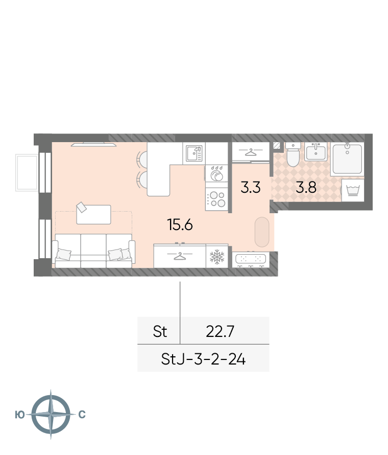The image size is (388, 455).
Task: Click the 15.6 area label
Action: tap(180, 224)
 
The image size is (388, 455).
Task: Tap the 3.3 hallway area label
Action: tap(251, 187)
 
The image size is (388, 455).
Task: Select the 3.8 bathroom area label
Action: tap(306, 187)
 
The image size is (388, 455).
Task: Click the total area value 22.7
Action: tap(220, 331)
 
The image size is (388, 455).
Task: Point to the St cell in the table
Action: tap(160, 331)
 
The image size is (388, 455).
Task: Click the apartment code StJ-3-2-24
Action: tap(203, 359)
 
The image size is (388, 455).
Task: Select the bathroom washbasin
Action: tap(316, 151)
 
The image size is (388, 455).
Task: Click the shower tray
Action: tap(347, 159)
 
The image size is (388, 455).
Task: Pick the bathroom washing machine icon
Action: tap(353, 190)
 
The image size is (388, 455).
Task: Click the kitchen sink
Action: tap(194, 153)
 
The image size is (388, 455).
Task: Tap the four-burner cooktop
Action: tap(217, 199)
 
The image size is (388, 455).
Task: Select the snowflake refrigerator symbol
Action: tap(217, 257)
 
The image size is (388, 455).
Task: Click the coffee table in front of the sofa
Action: tap(93, 214)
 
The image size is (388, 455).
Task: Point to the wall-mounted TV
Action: tap(93, 145)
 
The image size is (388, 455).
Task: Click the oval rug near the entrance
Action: tap(262, 232)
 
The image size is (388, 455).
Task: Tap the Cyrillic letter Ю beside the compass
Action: tap(20, 415)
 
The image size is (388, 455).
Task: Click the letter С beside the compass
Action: tap(82, 415)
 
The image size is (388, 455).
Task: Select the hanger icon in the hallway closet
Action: tap(251, 151)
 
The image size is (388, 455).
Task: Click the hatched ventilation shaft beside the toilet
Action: tap(277, 145)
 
